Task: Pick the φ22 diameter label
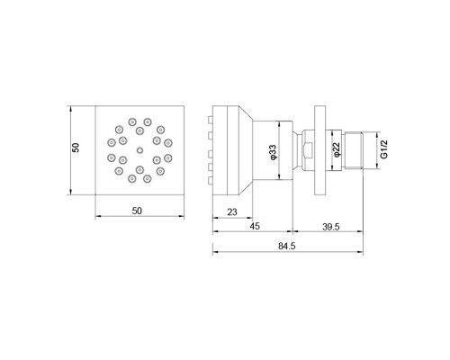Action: coord(334,150)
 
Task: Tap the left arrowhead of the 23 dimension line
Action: coord(216,219)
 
